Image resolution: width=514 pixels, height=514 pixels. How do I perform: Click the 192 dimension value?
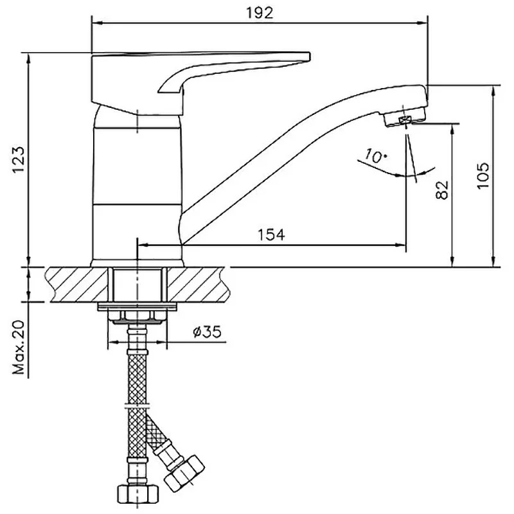(x=260, y=13)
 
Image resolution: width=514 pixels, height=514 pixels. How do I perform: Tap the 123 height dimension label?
(x=19, y=159)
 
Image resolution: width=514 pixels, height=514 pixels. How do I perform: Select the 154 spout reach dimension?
(x=271, y=235)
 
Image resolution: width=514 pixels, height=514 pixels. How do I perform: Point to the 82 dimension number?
(x=442, y=190)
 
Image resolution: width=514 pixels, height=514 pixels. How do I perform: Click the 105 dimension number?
(x=483, y=175)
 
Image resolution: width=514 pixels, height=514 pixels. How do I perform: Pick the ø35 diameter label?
(x=207, y=332)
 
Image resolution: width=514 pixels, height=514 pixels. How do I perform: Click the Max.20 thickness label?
(x=19, y=348)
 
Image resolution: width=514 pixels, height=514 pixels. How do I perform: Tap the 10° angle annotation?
(x=376, y=155)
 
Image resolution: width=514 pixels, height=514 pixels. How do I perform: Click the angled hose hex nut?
(x=184, y=473)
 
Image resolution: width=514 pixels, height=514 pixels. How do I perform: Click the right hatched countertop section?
(x=198, y=285)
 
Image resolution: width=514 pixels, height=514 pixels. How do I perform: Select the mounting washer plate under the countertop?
(x=137, y=307)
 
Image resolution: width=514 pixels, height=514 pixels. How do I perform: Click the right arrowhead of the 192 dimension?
(x=423, y=23)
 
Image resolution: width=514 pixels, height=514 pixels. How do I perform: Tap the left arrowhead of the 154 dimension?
(x=143, y=245)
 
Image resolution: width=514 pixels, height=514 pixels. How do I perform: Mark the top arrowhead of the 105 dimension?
(x=493, y=91)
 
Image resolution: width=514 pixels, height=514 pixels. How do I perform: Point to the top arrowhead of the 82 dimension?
(x=452, y=130)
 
